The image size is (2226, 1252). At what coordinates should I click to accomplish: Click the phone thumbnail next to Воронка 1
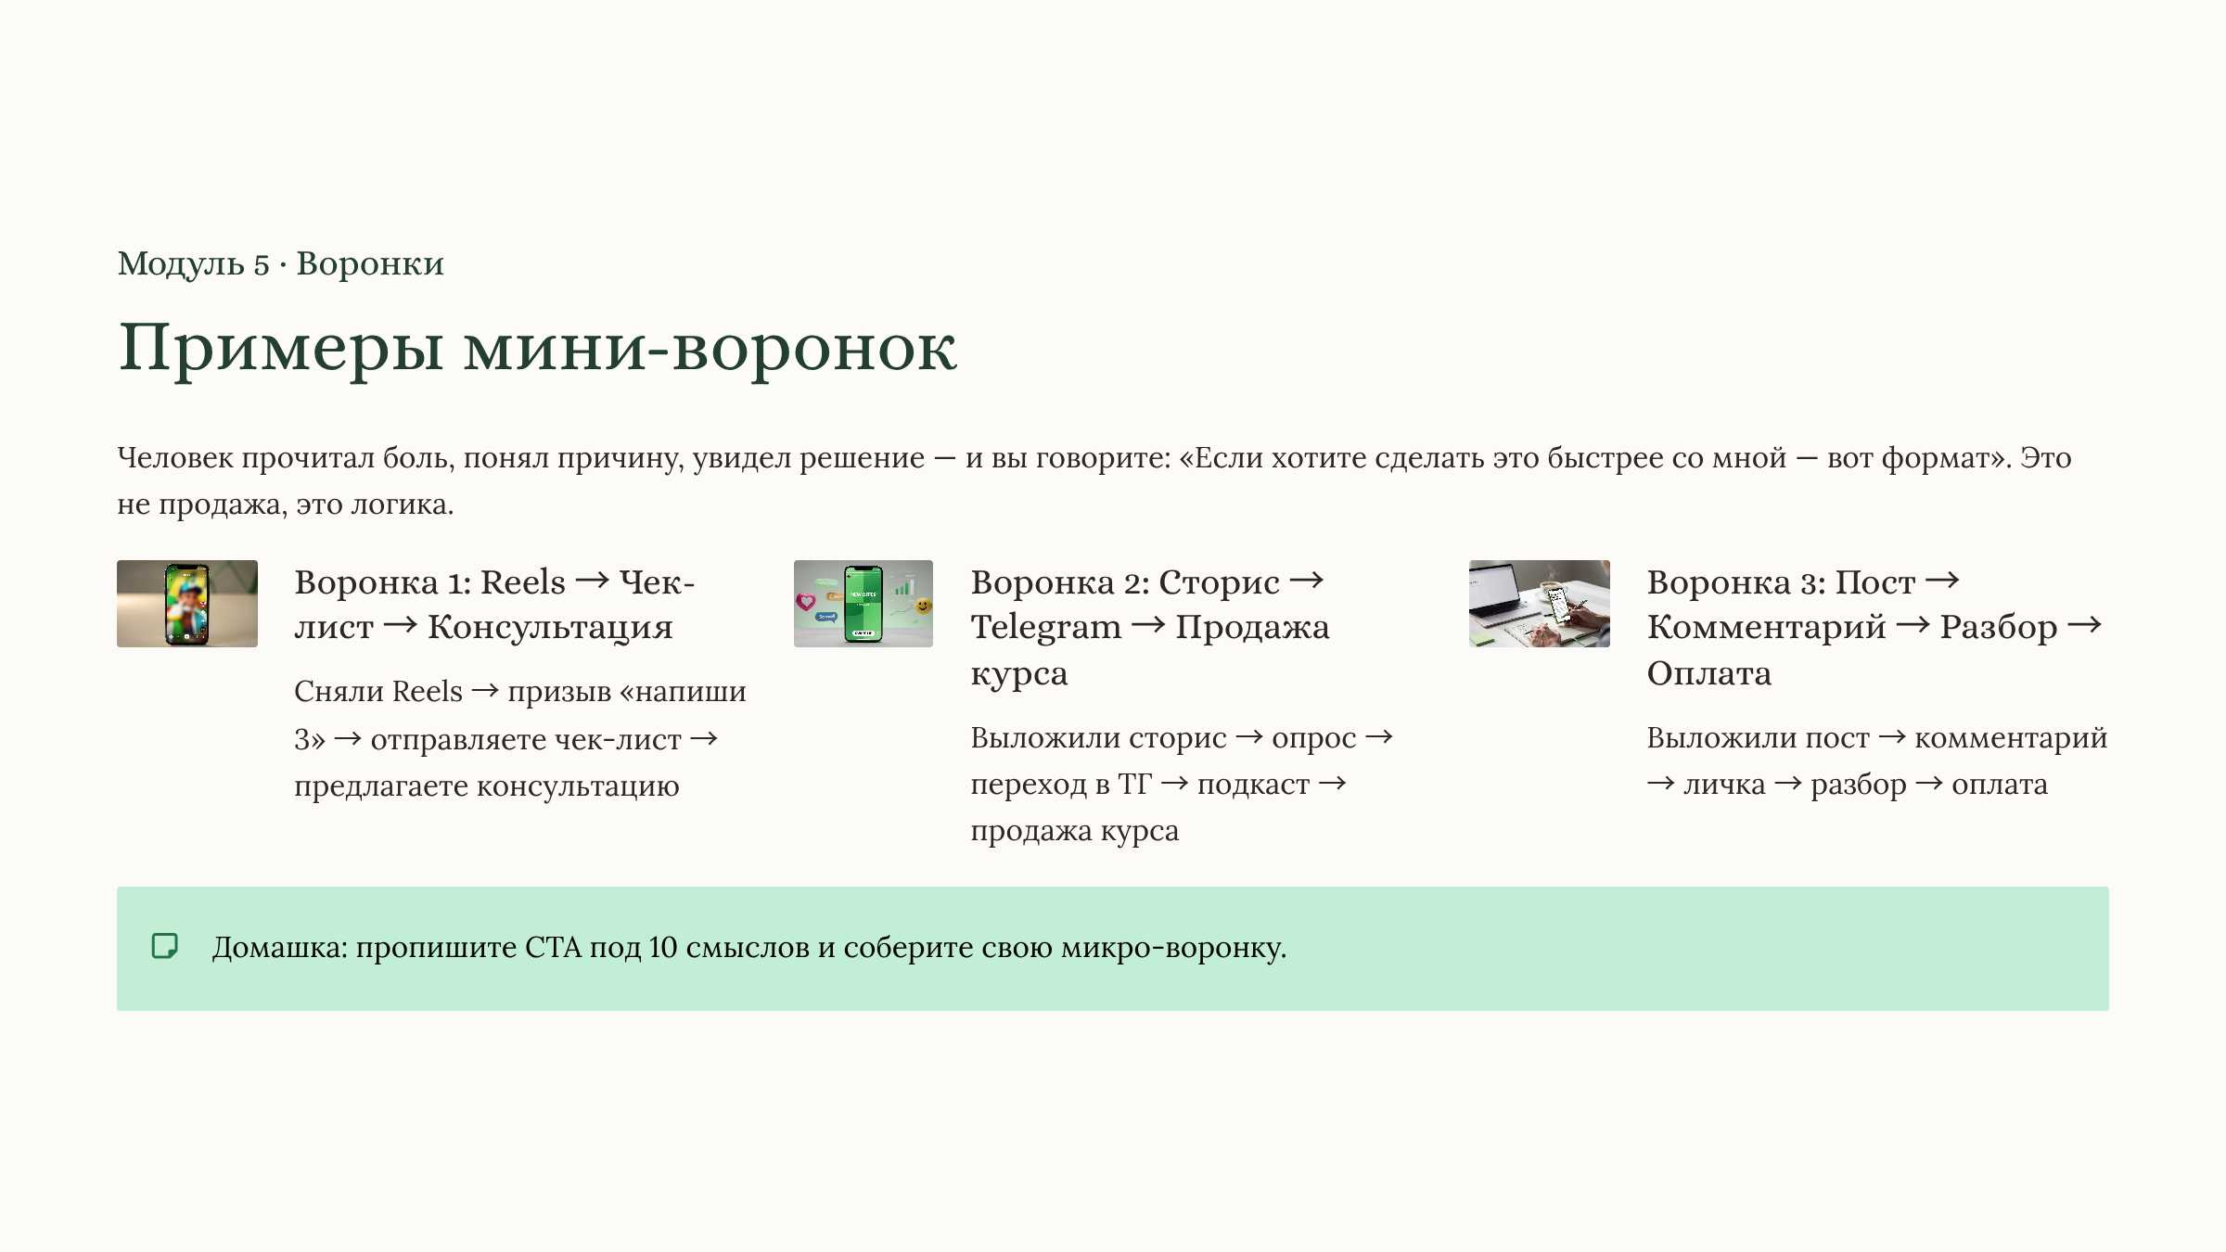point(186,604)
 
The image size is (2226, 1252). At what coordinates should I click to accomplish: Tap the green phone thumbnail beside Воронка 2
point(863,604)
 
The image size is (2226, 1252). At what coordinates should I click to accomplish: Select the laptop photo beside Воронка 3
point(1539,604)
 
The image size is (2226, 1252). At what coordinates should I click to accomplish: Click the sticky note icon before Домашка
point(165,946)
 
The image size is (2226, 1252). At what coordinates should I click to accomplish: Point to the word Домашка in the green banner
point(279,948)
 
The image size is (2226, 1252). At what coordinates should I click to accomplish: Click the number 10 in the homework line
point(662,948)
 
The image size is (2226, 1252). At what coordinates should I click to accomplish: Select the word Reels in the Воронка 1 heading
point(523,582)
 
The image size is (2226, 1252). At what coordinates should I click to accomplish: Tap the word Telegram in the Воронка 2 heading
point(1045,628)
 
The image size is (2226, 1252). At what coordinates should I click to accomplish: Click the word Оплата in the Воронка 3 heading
point(1708,673)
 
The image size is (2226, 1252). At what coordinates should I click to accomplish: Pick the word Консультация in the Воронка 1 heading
point(550,628)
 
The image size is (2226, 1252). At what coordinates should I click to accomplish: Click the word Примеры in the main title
point(280,349)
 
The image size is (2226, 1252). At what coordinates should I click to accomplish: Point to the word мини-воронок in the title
point(710,349)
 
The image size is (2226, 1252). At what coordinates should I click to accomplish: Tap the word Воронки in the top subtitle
point(370,264)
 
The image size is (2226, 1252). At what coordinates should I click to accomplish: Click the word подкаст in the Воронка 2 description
point(1253,785)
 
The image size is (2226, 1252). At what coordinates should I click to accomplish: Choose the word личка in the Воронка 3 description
point(1724,785)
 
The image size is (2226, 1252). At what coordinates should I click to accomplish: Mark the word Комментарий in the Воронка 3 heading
point(1766,628)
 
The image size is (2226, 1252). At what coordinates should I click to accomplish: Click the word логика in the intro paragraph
point(402,505)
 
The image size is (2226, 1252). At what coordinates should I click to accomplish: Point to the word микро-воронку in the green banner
point(1173,948)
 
